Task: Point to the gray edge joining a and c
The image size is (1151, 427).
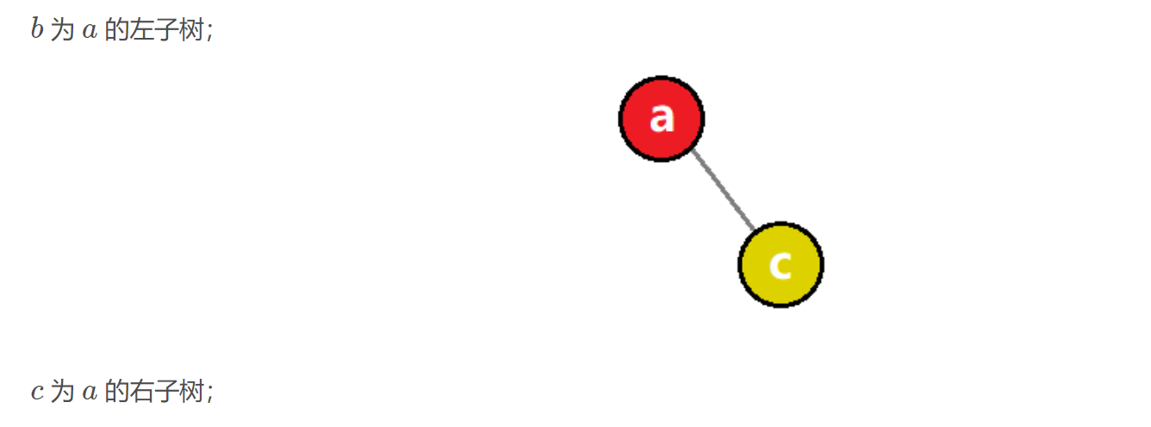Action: (x=724, y=190)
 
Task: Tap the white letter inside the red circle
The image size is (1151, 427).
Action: (x=662, y=118)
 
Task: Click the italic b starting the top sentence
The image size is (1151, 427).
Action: (x=36, y=30)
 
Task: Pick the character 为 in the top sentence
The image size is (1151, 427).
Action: (x=62, y=31)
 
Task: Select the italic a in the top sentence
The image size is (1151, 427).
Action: (x=90, y=32)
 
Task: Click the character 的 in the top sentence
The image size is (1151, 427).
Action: (x=116, y=31)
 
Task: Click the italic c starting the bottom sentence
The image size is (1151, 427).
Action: (x=36, y=393)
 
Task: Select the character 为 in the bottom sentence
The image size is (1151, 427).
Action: (x=62, y=392)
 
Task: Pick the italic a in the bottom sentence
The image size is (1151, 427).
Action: (x=90, y=393)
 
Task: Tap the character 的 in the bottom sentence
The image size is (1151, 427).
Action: (x=116, y=392)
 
